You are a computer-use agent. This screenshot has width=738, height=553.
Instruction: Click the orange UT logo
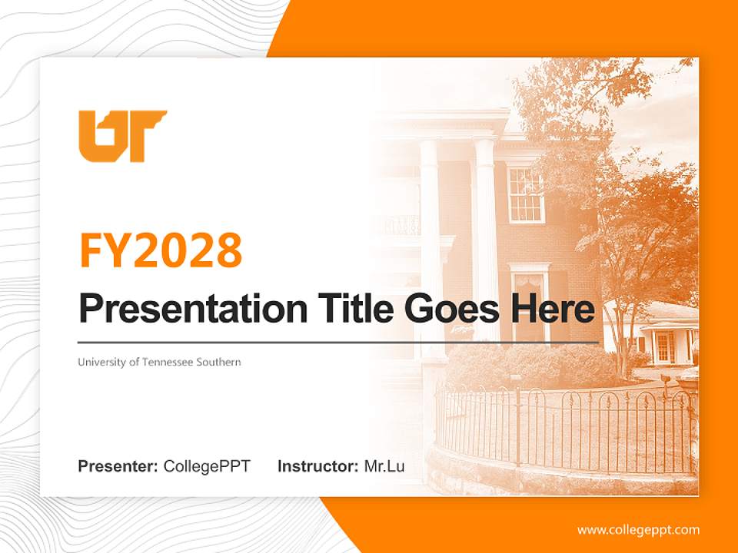coord(121,136)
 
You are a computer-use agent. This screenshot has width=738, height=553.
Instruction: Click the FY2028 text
coord(161,250)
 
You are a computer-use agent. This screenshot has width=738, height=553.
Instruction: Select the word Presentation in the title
coord(182,310)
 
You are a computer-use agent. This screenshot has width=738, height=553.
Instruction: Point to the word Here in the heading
coord(553,309)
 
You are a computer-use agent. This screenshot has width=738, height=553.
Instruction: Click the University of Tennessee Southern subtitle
coord(159,362)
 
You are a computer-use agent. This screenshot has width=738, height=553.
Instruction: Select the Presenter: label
coord(118,466)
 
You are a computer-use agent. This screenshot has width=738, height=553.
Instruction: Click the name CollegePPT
coord(207,466)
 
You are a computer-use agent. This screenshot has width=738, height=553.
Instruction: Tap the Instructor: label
coord(317,466)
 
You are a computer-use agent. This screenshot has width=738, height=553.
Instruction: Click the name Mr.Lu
coord(384,466)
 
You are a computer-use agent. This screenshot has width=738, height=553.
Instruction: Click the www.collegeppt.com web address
coord(638,530)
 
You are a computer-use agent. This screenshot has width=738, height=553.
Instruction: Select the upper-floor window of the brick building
coord(526,195)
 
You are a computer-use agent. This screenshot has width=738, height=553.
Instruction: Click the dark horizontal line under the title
coord(338,342)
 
